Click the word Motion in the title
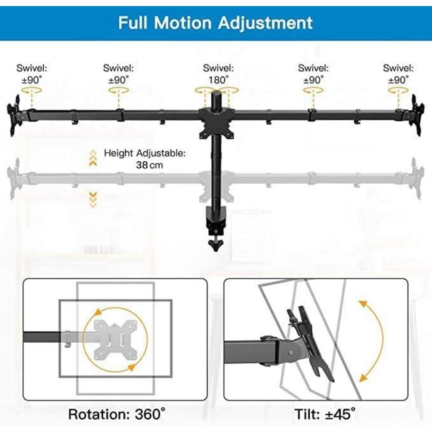[183, 23]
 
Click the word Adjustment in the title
[265, 23]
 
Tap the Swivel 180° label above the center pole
[218, 74]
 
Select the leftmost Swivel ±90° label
[32, 74]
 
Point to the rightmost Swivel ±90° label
[398, 74]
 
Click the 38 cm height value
[149, 165]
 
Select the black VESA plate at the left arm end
[14, 115]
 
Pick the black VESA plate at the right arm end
[418, 115]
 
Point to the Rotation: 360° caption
[117, 414]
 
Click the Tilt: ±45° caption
[325, 414]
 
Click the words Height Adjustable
[145, 153]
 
